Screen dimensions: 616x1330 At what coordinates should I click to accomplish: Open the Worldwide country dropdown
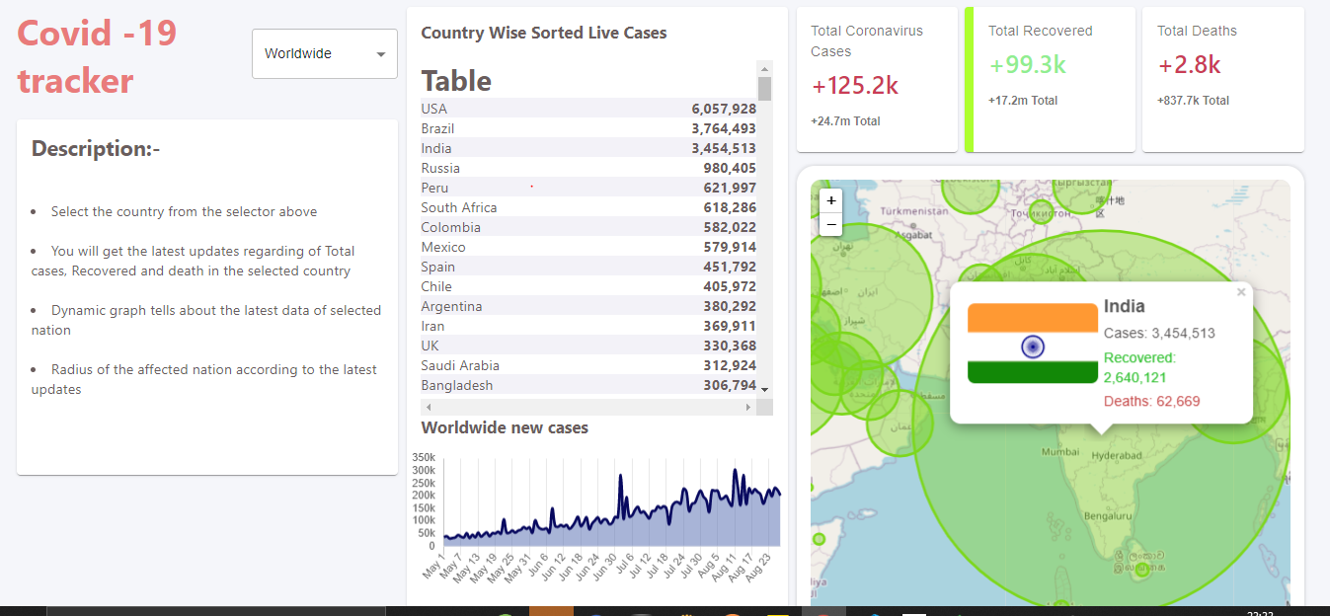tap(324, 53)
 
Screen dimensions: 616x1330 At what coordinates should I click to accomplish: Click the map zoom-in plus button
tap(831, 200)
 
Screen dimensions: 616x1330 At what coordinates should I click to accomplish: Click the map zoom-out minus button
tap(831, 224)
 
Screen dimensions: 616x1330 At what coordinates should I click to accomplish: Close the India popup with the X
tap(1241, 292)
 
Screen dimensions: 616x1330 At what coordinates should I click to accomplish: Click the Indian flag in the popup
tap(1032, 345)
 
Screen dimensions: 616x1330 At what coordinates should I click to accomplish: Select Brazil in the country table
tap(438, 128)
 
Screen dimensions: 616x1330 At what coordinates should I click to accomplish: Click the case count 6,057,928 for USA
tap(724, 109)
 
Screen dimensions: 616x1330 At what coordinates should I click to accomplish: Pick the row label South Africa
tap(459, 207)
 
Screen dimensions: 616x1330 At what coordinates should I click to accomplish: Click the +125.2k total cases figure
tap(855, 86)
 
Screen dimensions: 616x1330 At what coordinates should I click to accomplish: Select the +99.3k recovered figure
tap(1028, 65)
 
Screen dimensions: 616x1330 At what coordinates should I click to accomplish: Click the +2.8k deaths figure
tap(1190, 65)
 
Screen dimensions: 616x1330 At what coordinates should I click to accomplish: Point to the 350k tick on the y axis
tap(425, 457)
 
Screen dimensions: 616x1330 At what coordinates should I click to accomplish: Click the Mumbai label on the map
tap(1060, 452)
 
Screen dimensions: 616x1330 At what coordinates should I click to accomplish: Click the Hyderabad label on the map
tap(1117, 456)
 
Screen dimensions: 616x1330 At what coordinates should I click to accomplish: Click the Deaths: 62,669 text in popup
tap(1151, 401)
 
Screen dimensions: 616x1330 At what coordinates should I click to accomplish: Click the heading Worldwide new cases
tap(505, 427)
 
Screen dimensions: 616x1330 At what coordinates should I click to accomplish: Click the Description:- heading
tap(96, 149)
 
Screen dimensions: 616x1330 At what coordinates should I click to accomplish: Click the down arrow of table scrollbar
tap(764, 390)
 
